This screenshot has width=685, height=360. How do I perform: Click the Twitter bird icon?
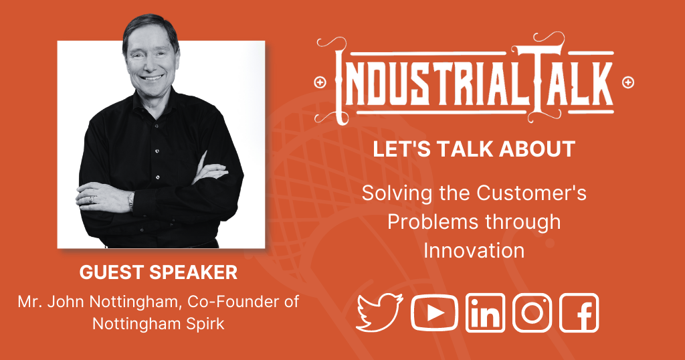pyautogui.click(x=379, y=312)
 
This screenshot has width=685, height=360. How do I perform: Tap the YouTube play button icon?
pyautogui.click(x=434, y=312)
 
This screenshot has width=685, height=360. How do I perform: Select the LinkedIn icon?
pyautogui.click(x=485, y=312)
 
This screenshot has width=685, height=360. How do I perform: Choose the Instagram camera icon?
pyautogui.click(x=532, y=312)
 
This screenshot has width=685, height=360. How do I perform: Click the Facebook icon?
pyautogui.click(x=579, y=312)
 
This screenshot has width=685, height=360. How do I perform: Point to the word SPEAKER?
pyautogui.click(x=193, y=272)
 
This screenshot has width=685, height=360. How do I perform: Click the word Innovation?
pyautogui.click(x=474, y=251)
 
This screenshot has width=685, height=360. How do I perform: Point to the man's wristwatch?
pyautogui.click(x=130, y=201)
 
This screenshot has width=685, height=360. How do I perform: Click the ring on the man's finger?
pyautogui.click(x=92, y=199)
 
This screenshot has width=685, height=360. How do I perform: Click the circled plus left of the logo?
pyautogui.click(x=320, y=82)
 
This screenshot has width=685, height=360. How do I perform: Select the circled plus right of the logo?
pyautogui.click(x=628, y=82)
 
